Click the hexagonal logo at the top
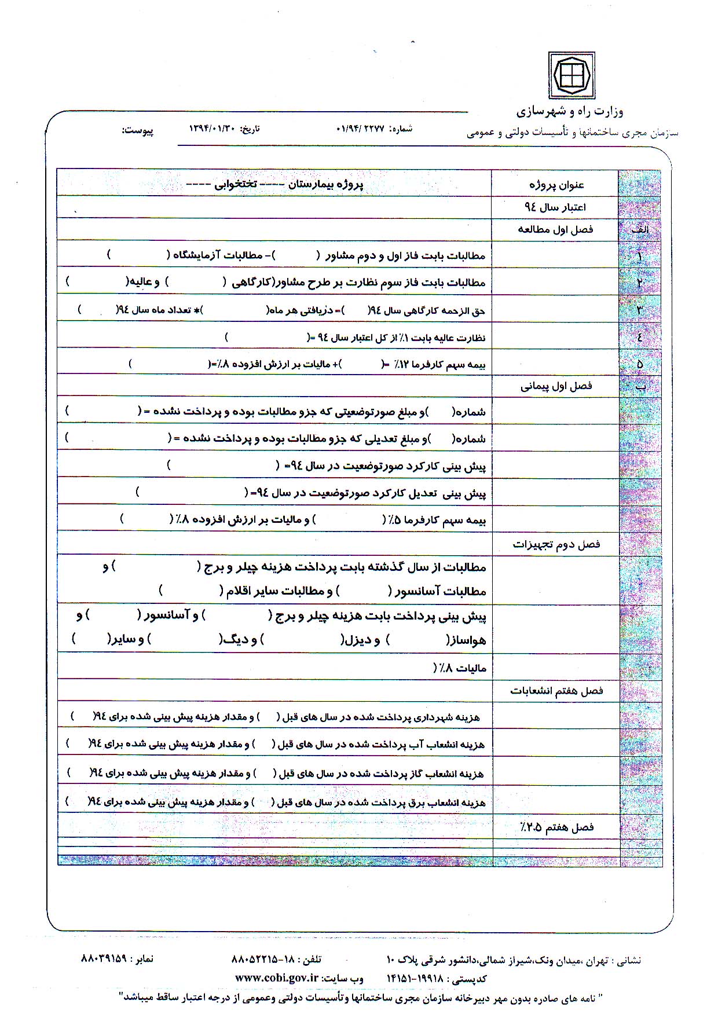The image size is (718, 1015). click(x=572, y=75)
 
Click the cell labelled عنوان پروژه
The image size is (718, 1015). click(x=556, y=185)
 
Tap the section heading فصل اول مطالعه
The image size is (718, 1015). click(x=555, y=229)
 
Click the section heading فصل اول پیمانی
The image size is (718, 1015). click(x=556, y=386)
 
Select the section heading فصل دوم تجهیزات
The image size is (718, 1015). click(x=556, y=544)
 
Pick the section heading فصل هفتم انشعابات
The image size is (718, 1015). click(x=556, y=690)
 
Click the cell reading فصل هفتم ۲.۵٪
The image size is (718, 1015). click(x=556, y=827)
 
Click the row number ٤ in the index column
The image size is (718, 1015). click(x=640, y=337)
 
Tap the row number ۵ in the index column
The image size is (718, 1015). click(x=640, y=364)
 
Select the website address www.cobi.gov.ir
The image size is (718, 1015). click(x=277, y=977)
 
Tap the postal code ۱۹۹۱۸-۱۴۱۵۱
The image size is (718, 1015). click(x=414, y=978)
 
